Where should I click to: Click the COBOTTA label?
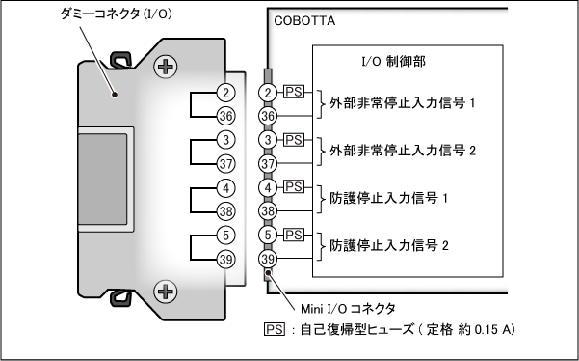tap(304, 21)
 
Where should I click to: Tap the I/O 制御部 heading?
tap(393, 61)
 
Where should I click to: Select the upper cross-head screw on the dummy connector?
tap(165, 67)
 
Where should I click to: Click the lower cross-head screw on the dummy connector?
tap(165, 292)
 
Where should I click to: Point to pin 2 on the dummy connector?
tap(225, 93)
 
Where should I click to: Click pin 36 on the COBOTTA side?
tap(268, 116)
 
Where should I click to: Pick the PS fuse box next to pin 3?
tap(294, 140)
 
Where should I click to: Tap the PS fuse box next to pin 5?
tap(294, 235)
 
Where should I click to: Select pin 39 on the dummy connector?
tap(225, 259)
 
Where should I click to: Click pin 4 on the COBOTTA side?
tap(268, 187)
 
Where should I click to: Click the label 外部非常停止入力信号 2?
tap(403, 151)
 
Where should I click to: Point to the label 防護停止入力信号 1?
tap(389, 198)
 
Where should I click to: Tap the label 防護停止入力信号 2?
tap(389, 245)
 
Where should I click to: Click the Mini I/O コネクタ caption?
tap(348, 309)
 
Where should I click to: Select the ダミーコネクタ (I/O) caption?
tap(116, 14)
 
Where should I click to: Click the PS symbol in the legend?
tap(275, 329)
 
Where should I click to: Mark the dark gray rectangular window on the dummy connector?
tap(103, 180)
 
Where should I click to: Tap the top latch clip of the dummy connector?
tap(121, 60)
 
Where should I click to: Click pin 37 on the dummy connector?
tap(225, 164)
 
